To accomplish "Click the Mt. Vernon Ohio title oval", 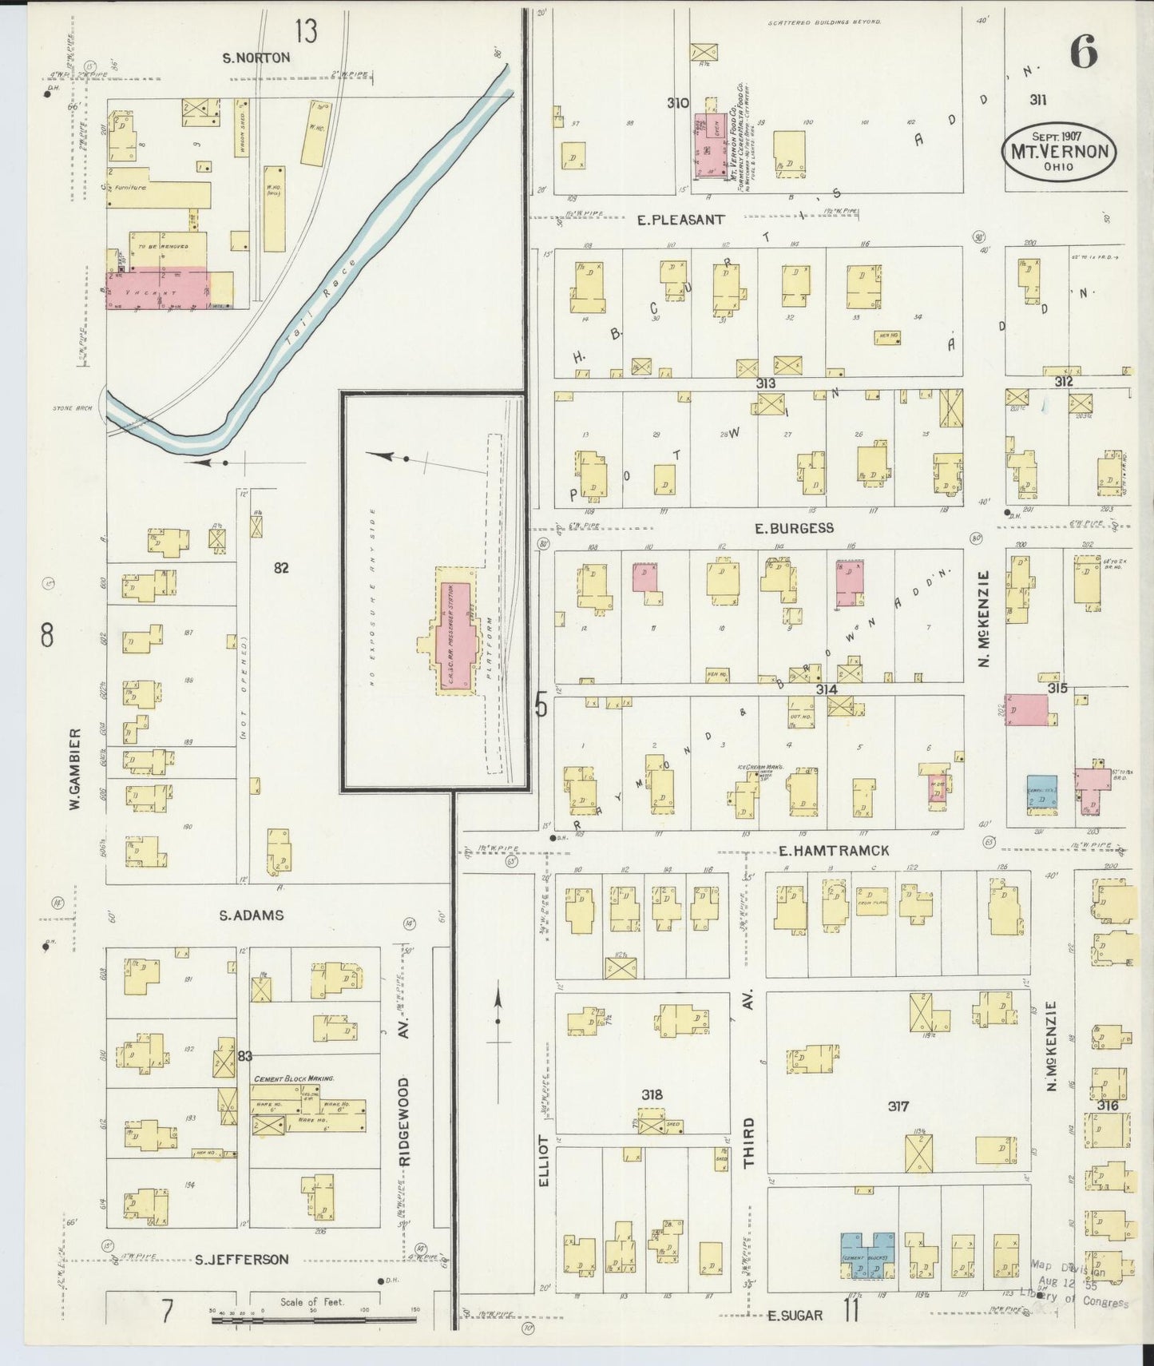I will pos(1059,149).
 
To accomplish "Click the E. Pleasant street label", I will pos(680,219).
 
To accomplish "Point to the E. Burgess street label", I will pos(794,528).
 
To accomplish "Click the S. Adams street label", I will pos(252,915).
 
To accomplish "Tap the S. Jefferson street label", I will pos(242,1259).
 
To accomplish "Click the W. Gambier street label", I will pos(76,768).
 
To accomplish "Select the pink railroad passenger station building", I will pos(453,636).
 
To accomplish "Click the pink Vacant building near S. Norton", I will pos(157,288).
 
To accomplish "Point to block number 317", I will pos(898,1106).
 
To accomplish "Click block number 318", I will pos(652,1094).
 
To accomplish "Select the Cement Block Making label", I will pos(294,1078).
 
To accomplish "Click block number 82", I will pos(281,568).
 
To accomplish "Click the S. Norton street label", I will pos(256,58).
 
